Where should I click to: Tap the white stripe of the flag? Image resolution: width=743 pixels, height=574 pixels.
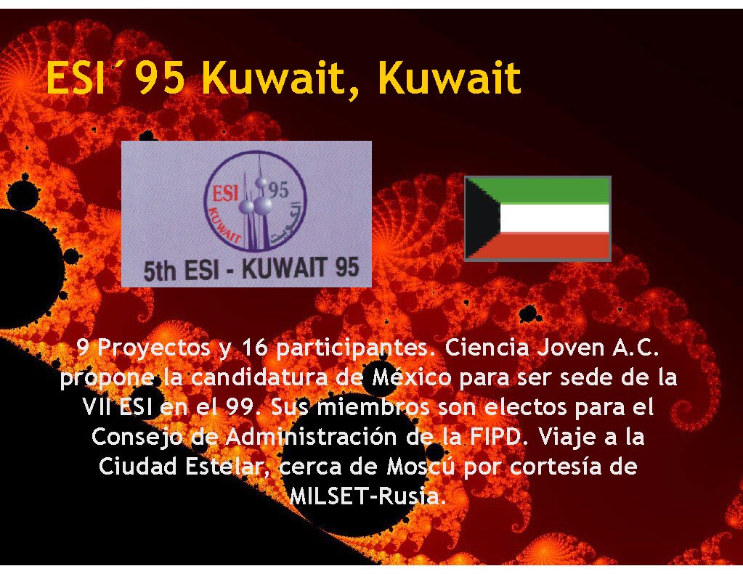(554, 218)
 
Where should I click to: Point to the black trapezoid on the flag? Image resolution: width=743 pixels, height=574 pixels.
(481, 218)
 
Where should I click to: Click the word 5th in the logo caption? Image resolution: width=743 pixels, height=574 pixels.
(160, 271)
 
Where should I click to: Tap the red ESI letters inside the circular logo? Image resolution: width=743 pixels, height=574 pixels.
(225, 193)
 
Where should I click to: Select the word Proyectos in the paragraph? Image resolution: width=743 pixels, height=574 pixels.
(153, 348)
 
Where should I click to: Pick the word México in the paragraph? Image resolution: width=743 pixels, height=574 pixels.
(412, 377)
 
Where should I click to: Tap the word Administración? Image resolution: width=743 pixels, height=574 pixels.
(311, 437)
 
